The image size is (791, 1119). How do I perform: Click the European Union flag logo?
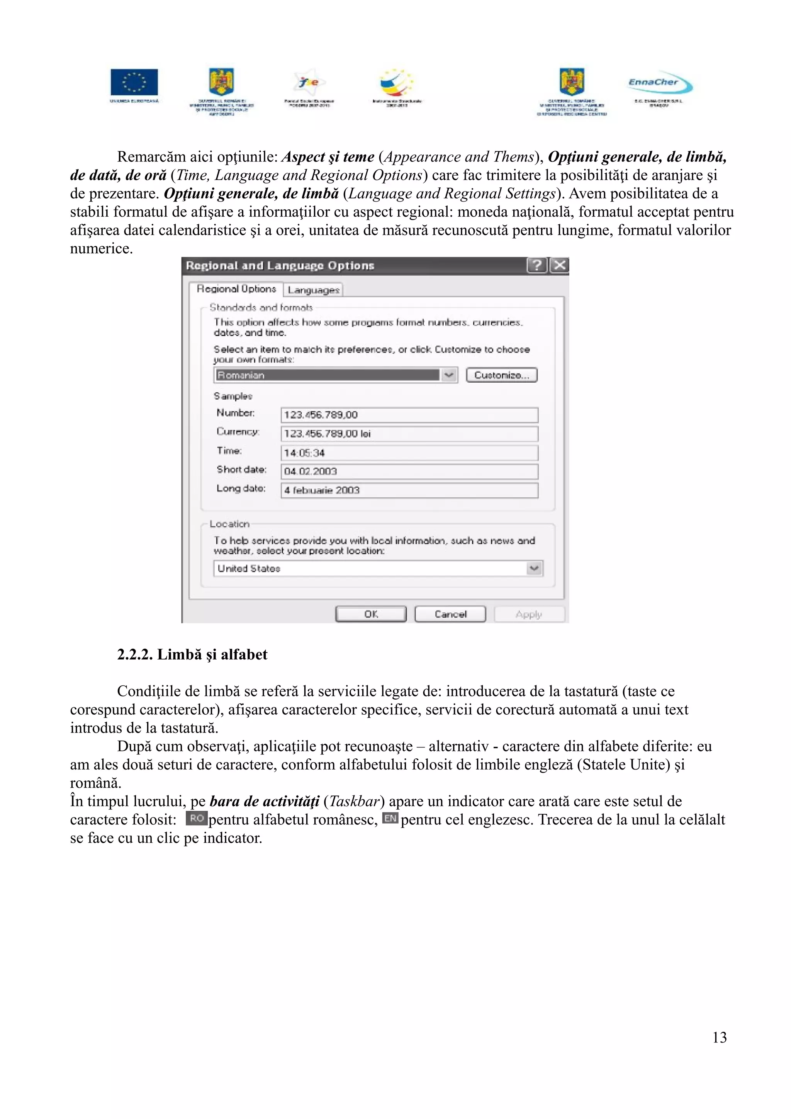134,82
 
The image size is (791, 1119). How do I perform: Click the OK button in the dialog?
371,614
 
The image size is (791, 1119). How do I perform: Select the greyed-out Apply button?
529,614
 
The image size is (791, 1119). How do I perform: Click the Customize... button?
501,375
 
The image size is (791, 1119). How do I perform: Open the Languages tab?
313,290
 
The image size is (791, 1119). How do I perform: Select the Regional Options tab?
236,289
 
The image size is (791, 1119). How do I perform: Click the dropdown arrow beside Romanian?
449,375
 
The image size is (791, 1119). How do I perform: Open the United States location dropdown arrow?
535,568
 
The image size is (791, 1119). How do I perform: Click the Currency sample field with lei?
409,433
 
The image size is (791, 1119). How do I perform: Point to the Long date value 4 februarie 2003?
409,490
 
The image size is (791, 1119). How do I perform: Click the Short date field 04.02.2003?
409,471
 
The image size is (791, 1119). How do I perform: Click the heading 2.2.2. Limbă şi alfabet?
192,654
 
